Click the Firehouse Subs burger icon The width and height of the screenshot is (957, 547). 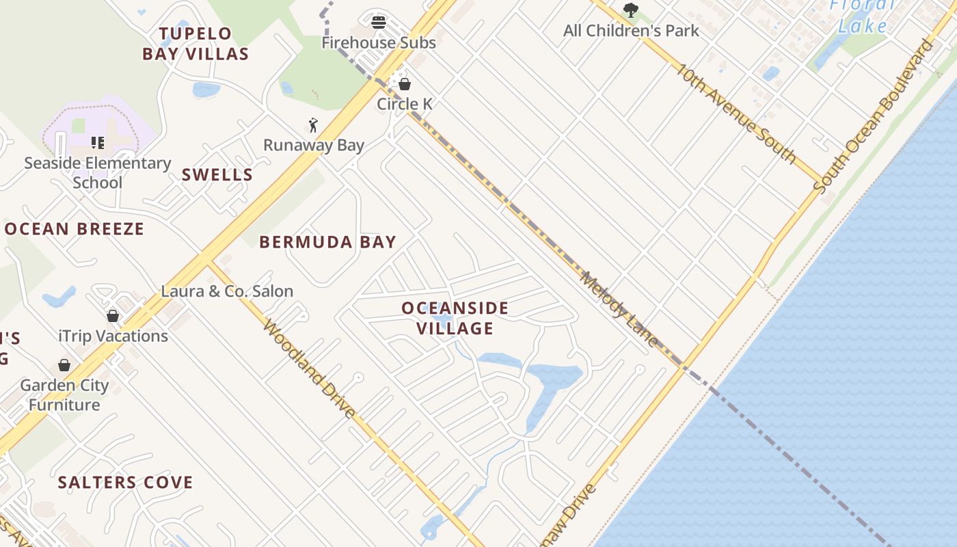pos(379,23)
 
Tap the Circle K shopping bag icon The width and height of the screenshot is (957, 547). pos(405,84)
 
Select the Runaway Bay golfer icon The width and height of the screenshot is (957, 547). pos(313,125)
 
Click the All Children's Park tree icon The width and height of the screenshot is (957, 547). pos(630,10)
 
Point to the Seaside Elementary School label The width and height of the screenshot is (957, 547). pos(97,172)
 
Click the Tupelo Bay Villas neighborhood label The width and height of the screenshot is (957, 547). pos(196,44)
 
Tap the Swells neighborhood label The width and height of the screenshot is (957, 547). pos(217,175)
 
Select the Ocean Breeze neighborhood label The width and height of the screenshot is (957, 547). pos(75,229)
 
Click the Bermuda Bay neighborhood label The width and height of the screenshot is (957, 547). pos(327,242)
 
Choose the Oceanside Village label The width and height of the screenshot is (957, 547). pos(455,318)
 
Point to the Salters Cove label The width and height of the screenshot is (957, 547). pos(125,483)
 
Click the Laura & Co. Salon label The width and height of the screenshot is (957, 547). pos(227,291)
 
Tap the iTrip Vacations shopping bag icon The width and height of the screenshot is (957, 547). pos(113,316)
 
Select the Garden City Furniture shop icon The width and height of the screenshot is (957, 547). pos(64,365)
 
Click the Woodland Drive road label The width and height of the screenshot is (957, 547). pos(310,369)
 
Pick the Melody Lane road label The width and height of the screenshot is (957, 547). pos(619,309)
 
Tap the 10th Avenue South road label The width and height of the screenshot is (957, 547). pos(737,114)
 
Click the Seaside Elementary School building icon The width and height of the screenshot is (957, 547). pos(98,143)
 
